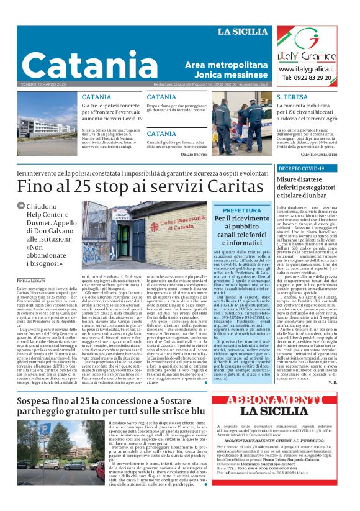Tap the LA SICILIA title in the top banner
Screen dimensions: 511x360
[243, 32]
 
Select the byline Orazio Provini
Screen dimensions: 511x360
[192, 153]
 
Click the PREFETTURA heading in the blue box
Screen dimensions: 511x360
[242, 211]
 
